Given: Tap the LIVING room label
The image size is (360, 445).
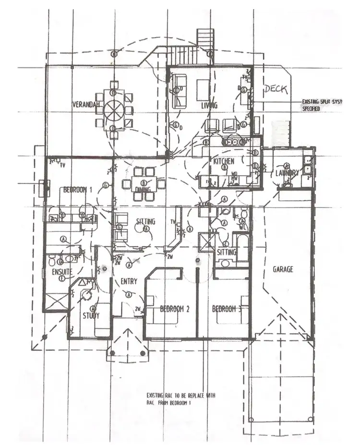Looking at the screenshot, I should click(x=209, y=105).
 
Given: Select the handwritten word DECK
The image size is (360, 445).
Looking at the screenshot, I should click(x=276, y=89).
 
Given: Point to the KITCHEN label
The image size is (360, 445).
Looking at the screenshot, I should click(x=224, y=161).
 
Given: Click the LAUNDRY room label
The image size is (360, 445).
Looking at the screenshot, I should click(x=288, y=173).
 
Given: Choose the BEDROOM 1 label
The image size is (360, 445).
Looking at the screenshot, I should click(x=78, y=190).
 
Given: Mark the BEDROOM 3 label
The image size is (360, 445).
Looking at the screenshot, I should click(x=227, y=309).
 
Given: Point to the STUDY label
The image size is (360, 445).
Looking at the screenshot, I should click(x=91, y=316).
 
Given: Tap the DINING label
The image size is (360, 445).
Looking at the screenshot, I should click(x=143, y=190).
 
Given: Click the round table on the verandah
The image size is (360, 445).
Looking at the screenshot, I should click(x=114, y=110).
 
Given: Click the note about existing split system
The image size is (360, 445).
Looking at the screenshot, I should click(x=317, y=105).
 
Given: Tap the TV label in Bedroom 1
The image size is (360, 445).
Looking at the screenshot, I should click(x=62, y=166).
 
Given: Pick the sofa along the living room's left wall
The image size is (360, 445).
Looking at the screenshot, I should click(x=180, y=90).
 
